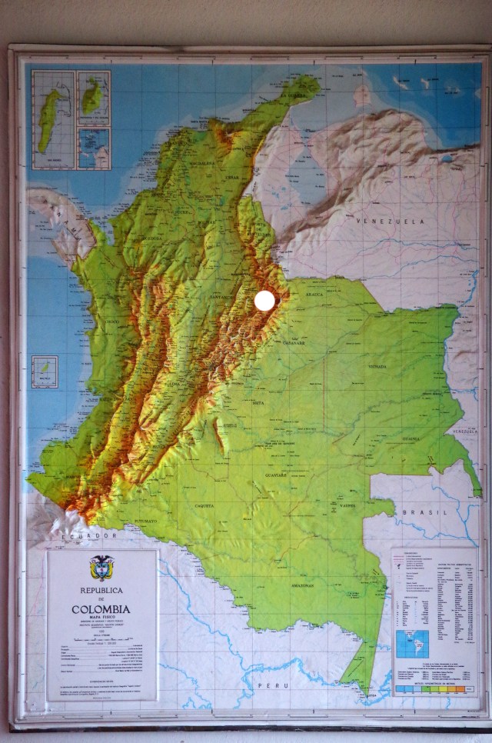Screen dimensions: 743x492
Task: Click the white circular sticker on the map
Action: [264, 301]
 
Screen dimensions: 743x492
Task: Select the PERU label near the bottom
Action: [272, 684]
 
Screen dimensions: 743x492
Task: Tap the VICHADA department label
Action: [377, 367]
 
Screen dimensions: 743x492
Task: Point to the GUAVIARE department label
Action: [277, 475]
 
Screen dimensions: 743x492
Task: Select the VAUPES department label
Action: [347, 505]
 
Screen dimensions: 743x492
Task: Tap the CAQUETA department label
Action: [204, 505]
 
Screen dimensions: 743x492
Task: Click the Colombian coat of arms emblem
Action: [101, 568]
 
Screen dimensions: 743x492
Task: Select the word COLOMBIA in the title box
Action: [101, 609]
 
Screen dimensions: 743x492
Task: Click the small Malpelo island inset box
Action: [45, 370]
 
